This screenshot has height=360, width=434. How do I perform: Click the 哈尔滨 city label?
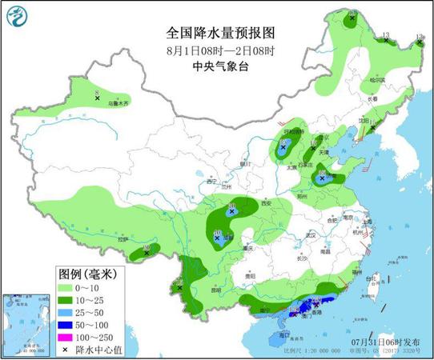376,80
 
